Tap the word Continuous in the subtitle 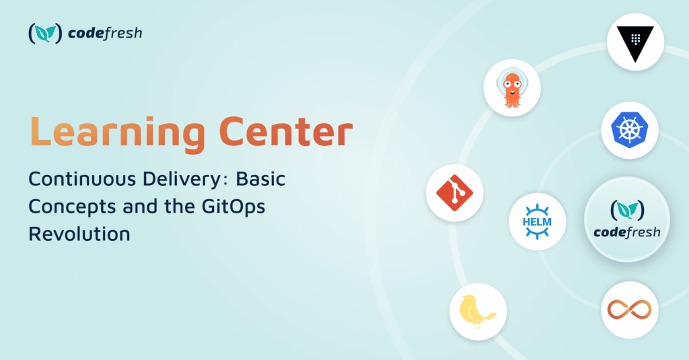(x=82, y=179)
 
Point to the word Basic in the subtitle (x=260, y=179)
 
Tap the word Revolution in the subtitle (x=79, y=233)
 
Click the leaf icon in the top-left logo (x=45, y=33)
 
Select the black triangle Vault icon (x=635, y=43)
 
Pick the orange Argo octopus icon (x=512, y=88)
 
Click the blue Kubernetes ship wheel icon (x=630, y=130)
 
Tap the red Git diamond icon (x=454, y=193)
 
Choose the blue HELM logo (x=537, y=221)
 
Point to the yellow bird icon (x=477, y=312)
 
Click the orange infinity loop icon (x=629, y=310)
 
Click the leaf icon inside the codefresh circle (x=628, y=210)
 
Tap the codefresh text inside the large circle (x=627, y=232)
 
